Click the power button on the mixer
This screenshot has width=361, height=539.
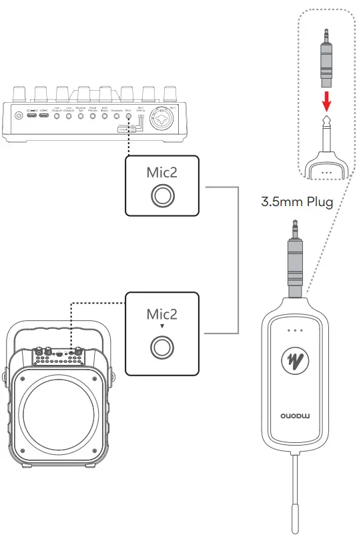[19, 115]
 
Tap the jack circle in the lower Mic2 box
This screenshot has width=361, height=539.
[162, 346]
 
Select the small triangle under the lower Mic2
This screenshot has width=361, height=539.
[162, 326]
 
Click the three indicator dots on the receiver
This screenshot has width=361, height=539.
[293, 330]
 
